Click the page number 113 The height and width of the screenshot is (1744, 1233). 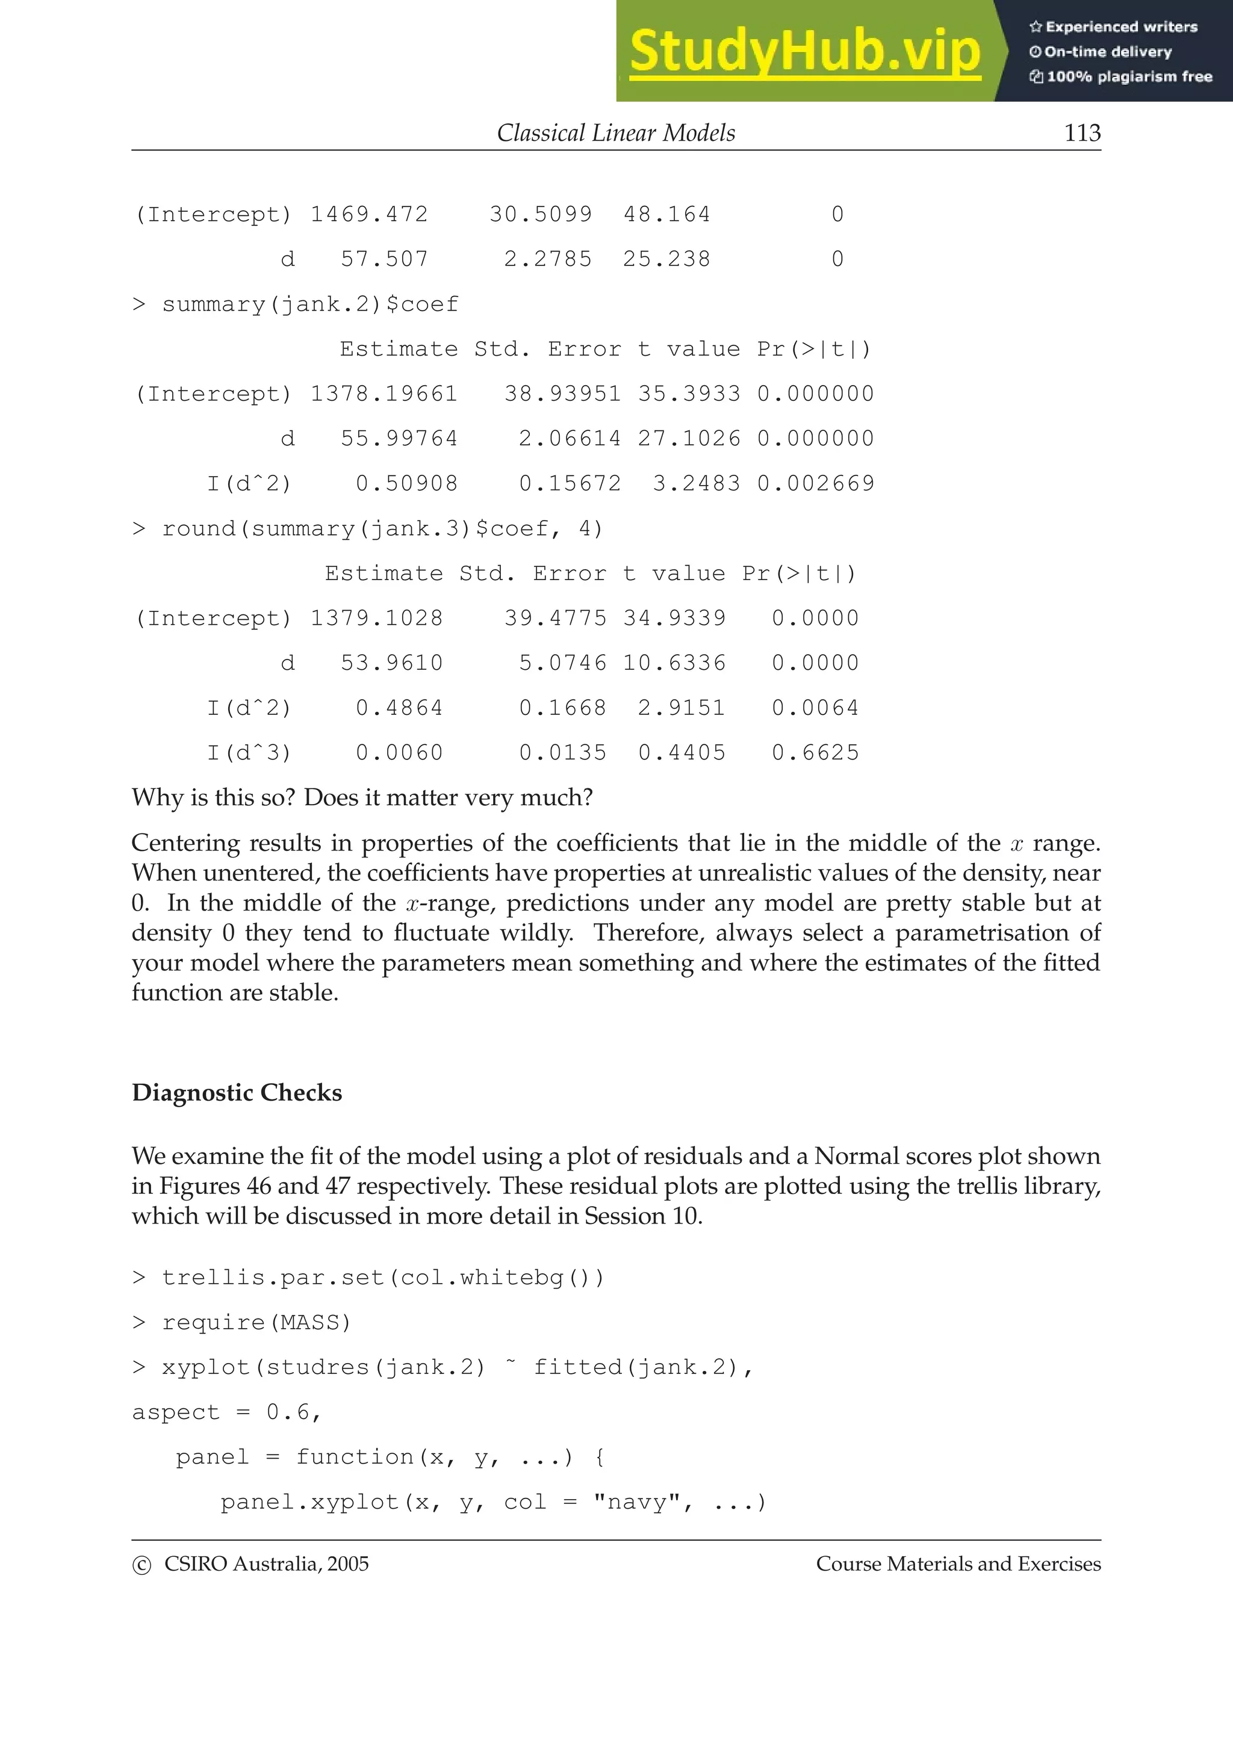(1082, 133)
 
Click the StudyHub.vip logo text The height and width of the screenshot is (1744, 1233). (804, 52)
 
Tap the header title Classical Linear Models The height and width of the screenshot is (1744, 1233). (615, 133)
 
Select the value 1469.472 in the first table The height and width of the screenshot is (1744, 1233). (369, 215)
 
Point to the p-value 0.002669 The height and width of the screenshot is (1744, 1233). (815, 484)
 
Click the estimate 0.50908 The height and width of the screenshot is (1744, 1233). (406, 484)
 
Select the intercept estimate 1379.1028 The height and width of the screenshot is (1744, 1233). (376, 618)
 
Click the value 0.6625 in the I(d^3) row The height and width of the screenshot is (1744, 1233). (815, 753)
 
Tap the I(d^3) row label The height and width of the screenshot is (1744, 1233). (249, 753)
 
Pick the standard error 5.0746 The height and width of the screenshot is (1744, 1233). (562, 663)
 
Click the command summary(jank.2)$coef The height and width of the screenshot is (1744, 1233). (310, 305)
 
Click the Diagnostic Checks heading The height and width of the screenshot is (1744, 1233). (237, 1093)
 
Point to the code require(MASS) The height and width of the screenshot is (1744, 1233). (256, 1323)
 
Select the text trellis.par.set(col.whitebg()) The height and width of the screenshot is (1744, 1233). (383, 1278)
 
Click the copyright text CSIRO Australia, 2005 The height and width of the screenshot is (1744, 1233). (266, 1564)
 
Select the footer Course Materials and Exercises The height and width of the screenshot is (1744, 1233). (958, 1564)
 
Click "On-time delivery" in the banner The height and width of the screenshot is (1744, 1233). (1107, 52)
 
